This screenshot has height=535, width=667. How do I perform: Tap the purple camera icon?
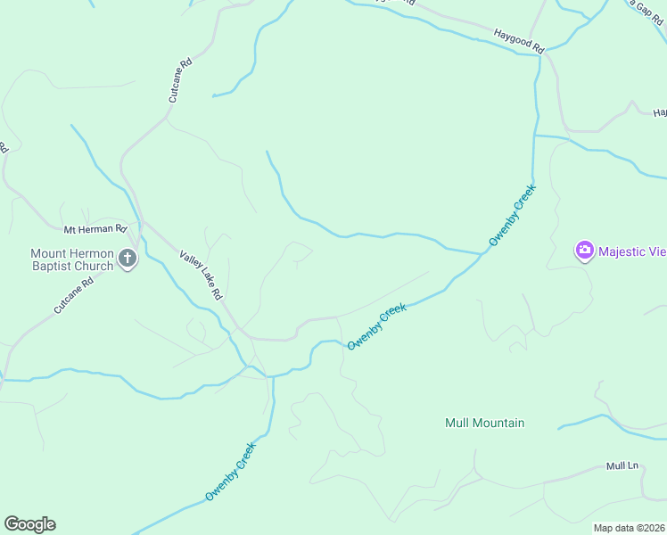click(585, 251)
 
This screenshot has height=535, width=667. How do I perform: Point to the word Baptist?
click(54, 266)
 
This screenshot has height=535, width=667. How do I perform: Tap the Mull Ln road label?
click(623, 465)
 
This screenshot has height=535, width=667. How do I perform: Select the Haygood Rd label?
click(518, 40)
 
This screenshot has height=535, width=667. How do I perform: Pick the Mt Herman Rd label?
click(95, 228)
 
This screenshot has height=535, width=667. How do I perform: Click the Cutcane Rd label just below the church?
click(73, 296)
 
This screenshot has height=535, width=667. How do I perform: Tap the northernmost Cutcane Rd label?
click(176, 79)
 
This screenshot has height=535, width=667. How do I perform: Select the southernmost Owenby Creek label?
click(230, 471)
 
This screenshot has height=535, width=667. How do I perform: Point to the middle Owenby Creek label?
click(376, 326)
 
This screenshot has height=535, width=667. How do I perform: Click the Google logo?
click(29, 524)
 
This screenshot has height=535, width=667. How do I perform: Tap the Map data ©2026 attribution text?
click(630, 528)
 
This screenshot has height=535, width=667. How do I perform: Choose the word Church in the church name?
click(96, 266)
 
